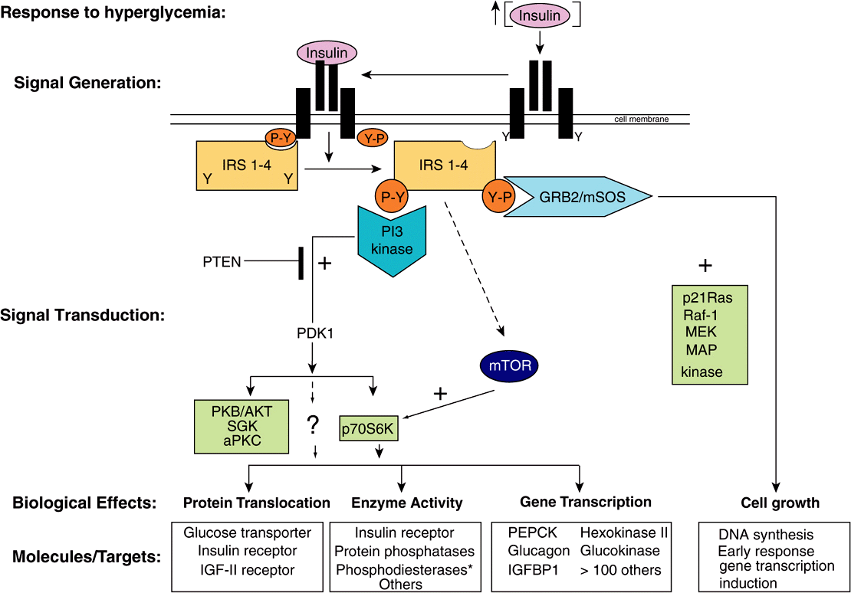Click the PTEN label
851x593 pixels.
point(221,262)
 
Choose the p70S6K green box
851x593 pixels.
point(368,430)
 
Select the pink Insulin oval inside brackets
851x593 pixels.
point(540,16)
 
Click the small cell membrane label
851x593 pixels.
point(642,120)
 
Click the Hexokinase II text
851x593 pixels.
point(624,532)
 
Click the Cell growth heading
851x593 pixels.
point(780,503)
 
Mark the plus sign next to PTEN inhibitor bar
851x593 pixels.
point(324,264)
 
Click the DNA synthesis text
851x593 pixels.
point(766,535)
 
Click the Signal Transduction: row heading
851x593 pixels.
point(84,315)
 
